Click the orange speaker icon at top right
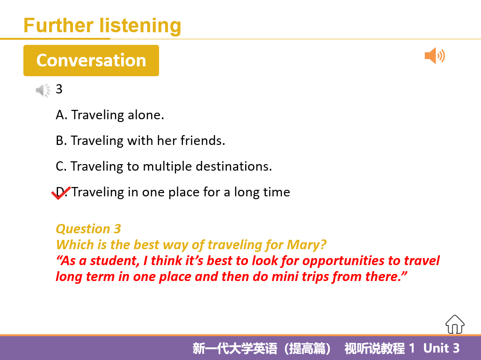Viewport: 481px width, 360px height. [x=434, y=56]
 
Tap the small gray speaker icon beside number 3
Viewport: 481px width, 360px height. [x=43, y=90]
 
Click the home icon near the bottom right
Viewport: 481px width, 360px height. [x=455, y=324]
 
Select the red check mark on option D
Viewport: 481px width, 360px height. [x=60, y=193]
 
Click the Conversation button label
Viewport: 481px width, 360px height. [x=91, y=60]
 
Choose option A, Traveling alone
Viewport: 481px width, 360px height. [x=109, y=115]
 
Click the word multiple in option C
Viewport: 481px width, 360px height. [x=167, y=166]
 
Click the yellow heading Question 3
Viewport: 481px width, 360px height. [x=88, y=229]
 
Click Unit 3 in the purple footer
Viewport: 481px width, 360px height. [x=441, y=348]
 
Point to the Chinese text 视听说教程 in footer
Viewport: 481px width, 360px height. [x=374, y=348]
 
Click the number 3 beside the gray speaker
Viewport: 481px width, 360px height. [x=59, y=89]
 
